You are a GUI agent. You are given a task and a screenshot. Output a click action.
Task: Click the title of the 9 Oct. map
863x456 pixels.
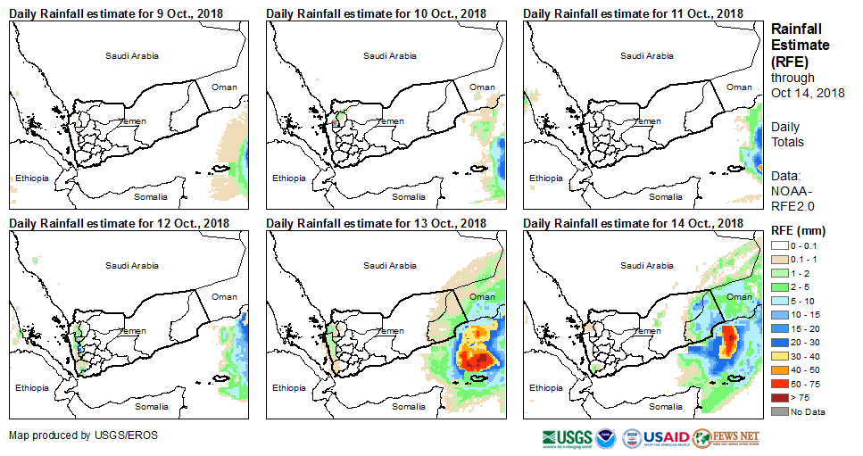coord(116,13)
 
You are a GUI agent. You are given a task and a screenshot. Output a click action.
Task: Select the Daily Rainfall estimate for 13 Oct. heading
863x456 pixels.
coord(376,223)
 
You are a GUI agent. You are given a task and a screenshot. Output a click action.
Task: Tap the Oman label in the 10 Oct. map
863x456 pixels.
coord(482,87)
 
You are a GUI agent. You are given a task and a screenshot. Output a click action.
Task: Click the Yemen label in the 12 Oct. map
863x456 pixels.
coord(133,331)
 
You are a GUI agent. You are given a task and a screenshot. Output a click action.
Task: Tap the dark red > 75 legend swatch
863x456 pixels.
coord(780,397)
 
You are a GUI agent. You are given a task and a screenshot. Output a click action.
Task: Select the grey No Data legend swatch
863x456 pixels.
coord(780,411)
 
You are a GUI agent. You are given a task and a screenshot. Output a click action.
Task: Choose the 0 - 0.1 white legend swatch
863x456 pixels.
coord(780,245)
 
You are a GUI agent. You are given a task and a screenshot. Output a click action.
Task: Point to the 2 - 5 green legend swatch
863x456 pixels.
coord(780,286)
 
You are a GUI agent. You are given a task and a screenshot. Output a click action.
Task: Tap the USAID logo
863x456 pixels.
coord(666,437)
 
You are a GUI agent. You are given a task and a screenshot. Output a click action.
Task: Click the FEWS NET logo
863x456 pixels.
coord(726,437)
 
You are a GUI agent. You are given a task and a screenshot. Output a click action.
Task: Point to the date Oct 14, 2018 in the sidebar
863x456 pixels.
coord(808,93)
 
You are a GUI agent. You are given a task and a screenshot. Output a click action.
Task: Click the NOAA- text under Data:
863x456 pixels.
coord(790,190)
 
